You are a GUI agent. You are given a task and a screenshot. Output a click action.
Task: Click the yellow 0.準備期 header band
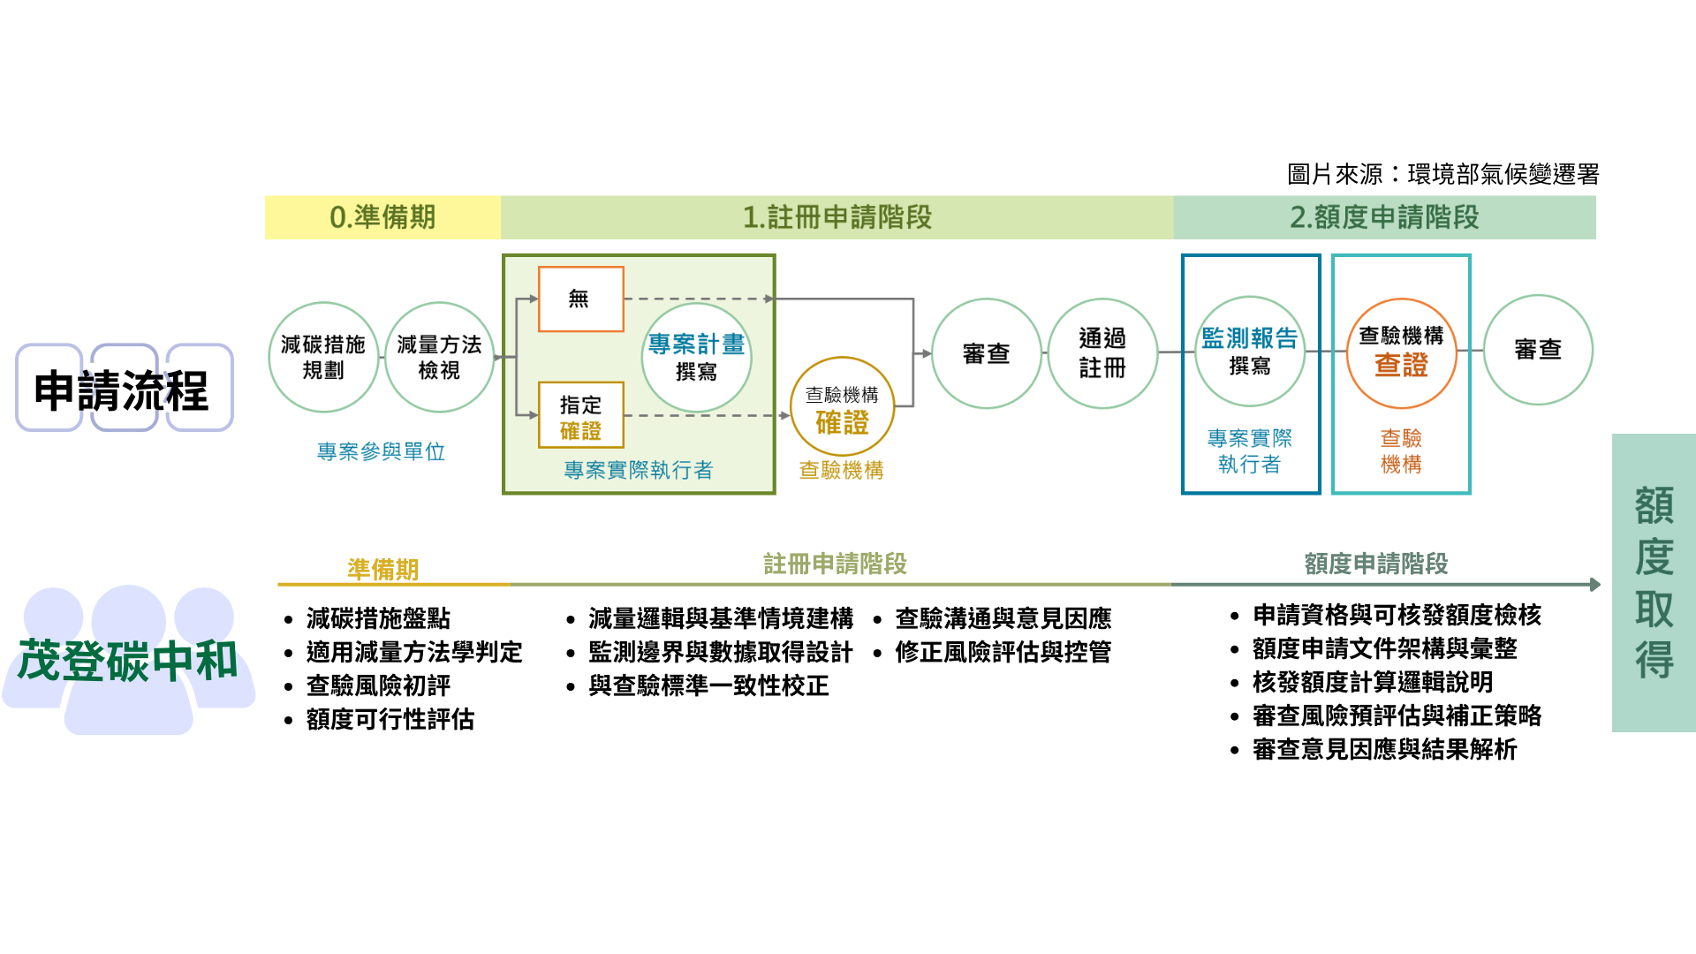[x=382, y=217]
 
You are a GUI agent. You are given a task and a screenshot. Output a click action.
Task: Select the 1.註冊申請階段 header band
[x=837, y=217]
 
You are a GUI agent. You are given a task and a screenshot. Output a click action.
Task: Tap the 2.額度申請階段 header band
[x=1384, y=217]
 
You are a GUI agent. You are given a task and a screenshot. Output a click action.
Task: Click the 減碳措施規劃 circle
[x=323, y=357]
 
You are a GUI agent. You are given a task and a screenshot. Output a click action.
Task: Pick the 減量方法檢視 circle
[x=439, y=357]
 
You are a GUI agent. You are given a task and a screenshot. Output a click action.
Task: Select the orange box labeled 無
[x=580, y=299]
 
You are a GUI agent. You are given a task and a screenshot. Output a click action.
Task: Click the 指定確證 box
[x=580, y=415]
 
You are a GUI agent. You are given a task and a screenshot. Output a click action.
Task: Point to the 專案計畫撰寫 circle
[x=696, y=357]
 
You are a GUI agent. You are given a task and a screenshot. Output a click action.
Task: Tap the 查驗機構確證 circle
[x=842, y=409]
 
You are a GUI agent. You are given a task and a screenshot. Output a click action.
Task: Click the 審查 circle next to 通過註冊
[x=986, y=353]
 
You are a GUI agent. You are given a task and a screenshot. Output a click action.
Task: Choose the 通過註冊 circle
[x=1102, y=353]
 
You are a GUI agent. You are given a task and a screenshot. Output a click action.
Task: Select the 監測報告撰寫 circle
[x=1249, y=351]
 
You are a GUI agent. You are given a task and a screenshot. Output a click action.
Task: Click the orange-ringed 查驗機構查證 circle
[x=1401, y=353]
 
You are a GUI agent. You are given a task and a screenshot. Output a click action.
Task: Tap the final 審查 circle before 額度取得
[x=1538, y=350]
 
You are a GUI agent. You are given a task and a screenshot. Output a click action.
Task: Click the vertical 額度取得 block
[x=1654, y=582]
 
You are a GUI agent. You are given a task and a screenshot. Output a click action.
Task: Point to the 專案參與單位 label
[x=381, y=452]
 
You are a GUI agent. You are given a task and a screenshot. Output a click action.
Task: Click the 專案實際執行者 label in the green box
[x=638, y=470]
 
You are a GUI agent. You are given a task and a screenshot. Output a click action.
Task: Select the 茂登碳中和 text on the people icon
[x=128, y=661]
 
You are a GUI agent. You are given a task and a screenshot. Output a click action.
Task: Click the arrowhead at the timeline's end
[x=1595, y=584]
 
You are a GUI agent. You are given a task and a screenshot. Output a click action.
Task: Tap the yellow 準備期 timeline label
[x=382, y=570]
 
